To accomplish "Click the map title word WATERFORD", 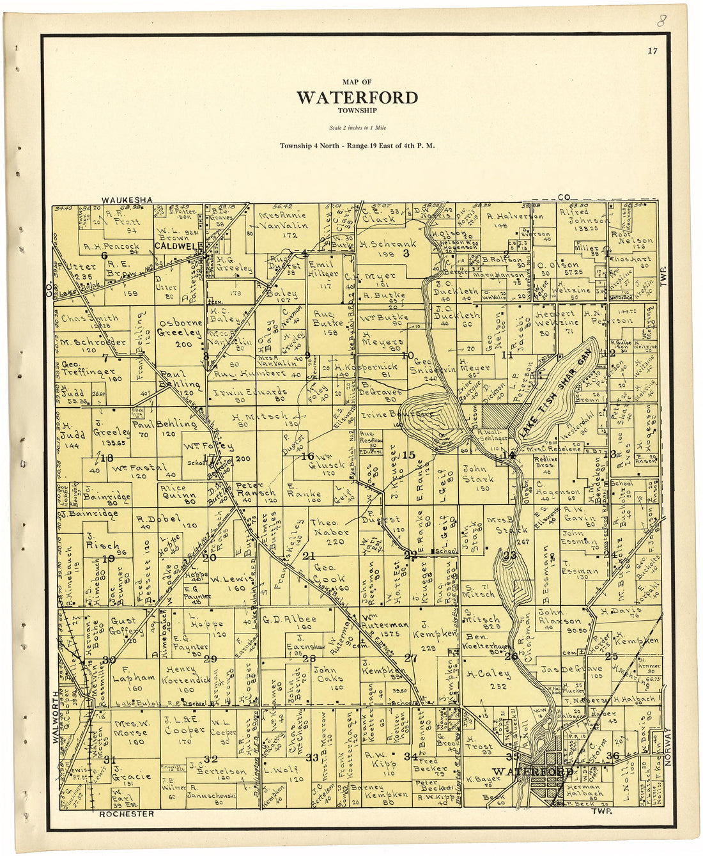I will (357, 98).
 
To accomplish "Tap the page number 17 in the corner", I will (652, 51).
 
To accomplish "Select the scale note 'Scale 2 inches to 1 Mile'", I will (357, 128).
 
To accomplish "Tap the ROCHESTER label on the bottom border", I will (127, 814).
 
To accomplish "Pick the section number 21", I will (309, 556).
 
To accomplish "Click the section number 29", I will (210, 658).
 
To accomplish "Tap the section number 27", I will (410, 658).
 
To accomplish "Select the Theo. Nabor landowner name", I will (330, 527).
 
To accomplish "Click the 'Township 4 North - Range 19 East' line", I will (357, 146).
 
